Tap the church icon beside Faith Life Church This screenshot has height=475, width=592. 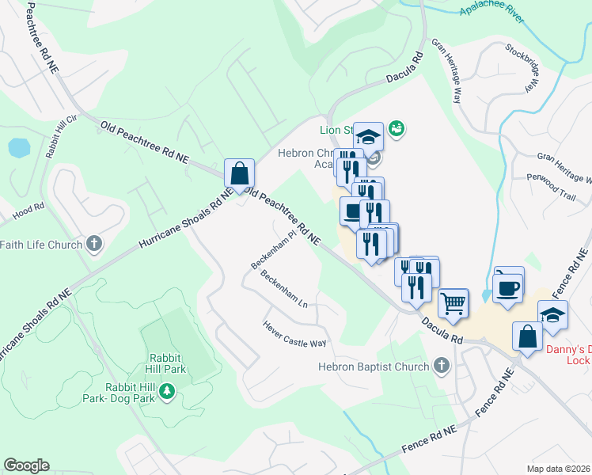pos(94,244)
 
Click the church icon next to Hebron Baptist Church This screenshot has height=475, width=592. pos(442,366)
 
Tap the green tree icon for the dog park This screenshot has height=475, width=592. pos(166,390)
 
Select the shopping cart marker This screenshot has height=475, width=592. pos(453,302)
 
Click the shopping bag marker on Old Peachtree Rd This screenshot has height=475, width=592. pos(239,173)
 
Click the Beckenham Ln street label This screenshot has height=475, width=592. pos(283,289)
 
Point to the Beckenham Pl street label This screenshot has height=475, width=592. pos(272,249)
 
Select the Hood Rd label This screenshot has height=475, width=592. pos(28,212)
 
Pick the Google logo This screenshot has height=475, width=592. pos(26,465)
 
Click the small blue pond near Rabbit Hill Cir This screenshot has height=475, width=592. pos(18,147)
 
